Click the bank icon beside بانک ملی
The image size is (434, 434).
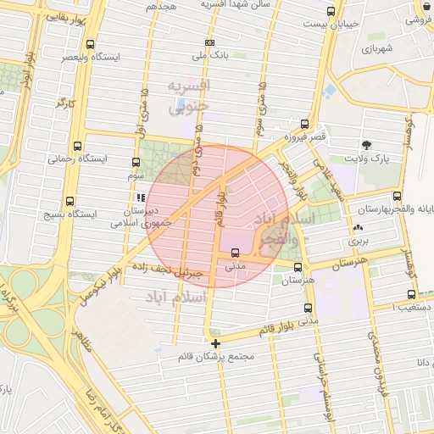(x=209, y=42)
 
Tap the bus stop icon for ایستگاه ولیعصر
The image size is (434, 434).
(x=91, y=45)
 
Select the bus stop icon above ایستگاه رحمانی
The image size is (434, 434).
(x=78, y=146)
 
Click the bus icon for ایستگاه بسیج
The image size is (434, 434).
(x=70, y=202)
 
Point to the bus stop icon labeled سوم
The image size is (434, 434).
(x=136, y=162)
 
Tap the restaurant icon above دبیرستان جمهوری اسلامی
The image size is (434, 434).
(x=141, y=198)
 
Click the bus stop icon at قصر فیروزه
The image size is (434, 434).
(x=304, y=124)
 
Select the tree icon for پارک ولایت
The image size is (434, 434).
(x=366, y=145)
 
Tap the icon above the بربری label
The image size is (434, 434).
(x=357, y=227)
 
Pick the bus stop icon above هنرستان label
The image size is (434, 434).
(x=297, y=266)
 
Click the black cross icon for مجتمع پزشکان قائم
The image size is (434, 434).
(x=216, y=343)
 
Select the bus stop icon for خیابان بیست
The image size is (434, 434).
(x=330, y=12)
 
